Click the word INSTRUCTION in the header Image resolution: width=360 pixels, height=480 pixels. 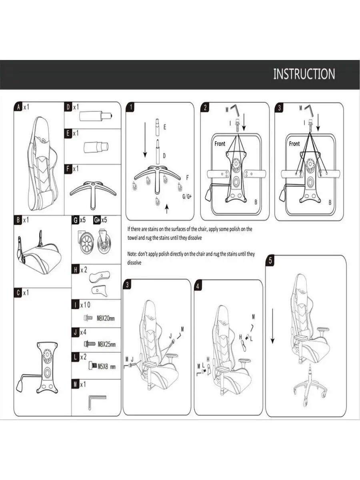tap(304, 74)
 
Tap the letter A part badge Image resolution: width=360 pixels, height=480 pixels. tap(18, 107)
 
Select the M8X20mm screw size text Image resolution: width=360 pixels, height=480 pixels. tap(106, 318)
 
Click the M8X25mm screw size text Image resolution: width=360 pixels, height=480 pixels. tap(106, 344)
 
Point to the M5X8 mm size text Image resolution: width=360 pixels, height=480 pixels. tap(106, 366)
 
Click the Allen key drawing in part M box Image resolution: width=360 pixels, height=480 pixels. tap(97, 402)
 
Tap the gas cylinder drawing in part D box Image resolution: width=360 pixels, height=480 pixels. tap(96, 115)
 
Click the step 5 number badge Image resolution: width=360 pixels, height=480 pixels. tap(270, 260)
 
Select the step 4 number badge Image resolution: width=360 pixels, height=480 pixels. tap(198, 286)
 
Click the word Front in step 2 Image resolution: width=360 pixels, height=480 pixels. tap(220, 144)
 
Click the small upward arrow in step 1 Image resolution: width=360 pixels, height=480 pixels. tap(167, 209)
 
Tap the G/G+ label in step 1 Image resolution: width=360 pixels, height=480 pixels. tap(187, 196)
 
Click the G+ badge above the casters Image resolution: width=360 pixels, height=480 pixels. tap(97, 220)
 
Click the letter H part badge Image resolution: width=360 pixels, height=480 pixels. tap(76, 270)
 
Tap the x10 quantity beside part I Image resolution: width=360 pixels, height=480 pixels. tap(86, 305)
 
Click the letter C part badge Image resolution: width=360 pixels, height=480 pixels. tap(18, 292)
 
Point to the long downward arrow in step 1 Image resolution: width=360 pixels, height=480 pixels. tap(145, 140)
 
